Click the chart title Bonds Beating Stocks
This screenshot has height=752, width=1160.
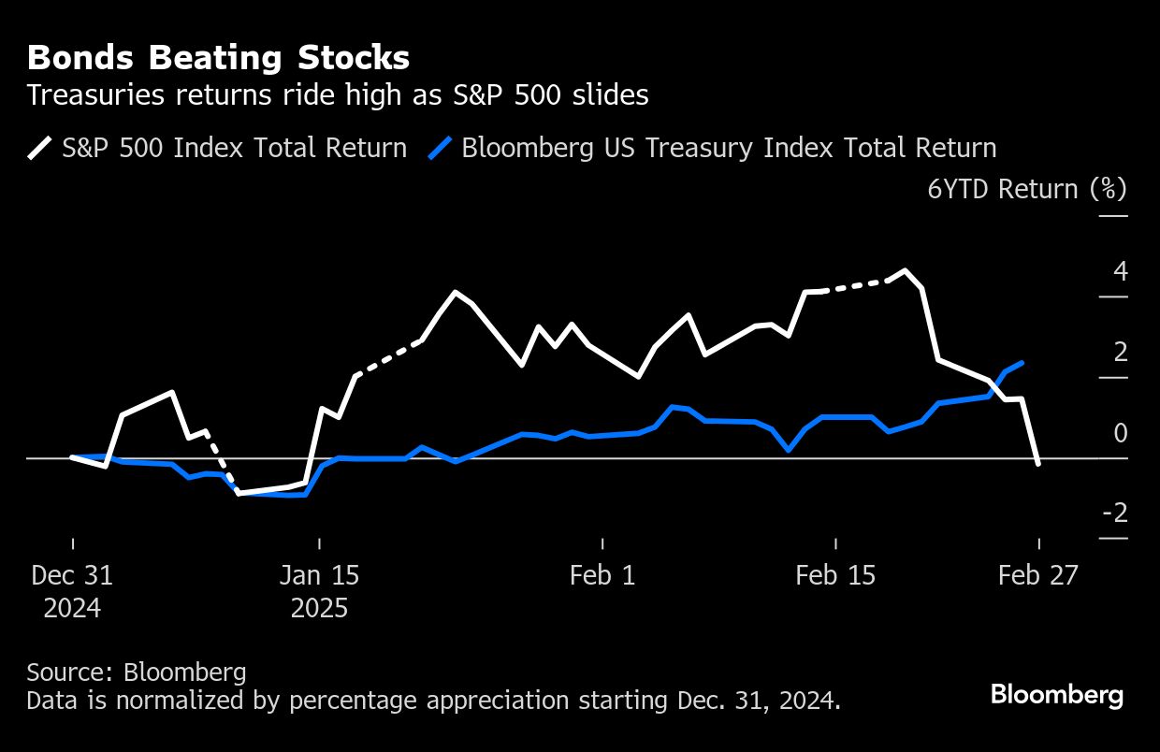click(x=218, y=59)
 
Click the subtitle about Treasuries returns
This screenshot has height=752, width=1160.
click(x=338, y=95)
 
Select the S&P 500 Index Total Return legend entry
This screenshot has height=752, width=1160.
click(x=234, y=148)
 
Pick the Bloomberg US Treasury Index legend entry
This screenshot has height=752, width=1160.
click(x=729, y=148)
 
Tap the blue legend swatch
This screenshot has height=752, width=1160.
click(x=440, y=148)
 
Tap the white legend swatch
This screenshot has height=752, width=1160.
click(x=39, y=148)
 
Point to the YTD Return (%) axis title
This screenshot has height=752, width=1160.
click(x=1027, y=189)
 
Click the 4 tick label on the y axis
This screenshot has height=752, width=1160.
click(x=1120, y=272)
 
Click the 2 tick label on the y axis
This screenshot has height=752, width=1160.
click(x=1120, y=353)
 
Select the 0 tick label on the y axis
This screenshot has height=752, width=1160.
click(x=1120, y=433)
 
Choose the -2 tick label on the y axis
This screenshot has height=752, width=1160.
click(x=1115, y=513)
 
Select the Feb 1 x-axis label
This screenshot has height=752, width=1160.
click(x=602, y=575)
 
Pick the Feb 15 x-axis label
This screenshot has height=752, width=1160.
click(x=835, y=575)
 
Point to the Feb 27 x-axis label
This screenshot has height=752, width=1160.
click(x=1038, y=575)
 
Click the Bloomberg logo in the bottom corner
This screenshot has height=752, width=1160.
click(x=1057, y=695)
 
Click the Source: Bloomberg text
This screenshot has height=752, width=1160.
click(x=137, y=672)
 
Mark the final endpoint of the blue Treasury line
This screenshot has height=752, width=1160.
click(x=1022, y=362)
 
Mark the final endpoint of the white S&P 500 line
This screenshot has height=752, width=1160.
click(x=1038, y=463)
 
